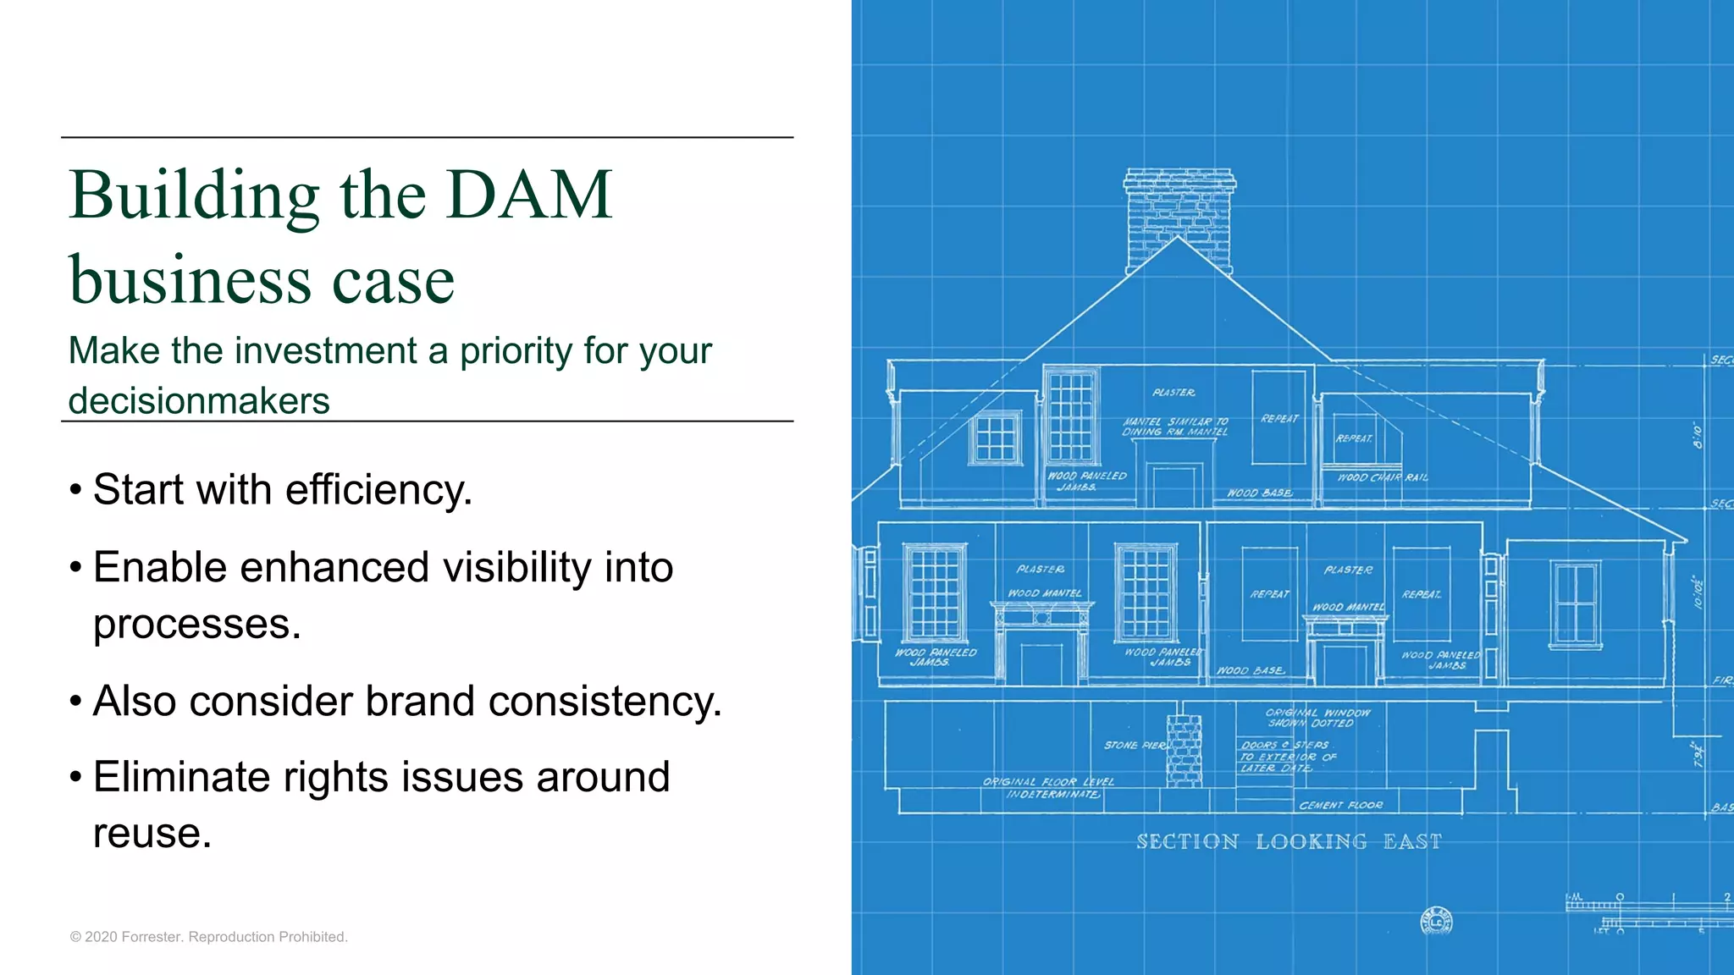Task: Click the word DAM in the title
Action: point(529,196)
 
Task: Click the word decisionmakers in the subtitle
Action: point(199,401)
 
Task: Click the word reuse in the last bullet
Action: point(152,834)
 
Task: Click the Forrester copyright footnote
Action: point(209,937)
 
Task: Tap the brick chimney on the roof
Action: point(1179,216)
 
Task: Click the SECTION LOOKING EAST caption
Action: point(1289,842)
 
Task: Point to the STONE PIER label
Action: point(1135,746)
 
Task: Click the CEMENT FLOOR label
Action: point(1340,806)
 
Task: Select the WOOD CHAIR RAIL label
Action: point(1382,478)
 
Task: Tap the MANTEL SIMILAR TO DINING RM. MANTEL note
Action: point(1175,427)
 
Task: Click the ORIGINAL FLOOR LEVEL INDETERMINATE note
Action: point(1049,788)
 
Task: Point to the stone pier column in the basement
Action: point(1184,751)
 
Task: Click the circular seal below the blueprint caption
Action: point(1436,921)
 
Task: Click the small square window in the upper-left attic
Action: point(995,437)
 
